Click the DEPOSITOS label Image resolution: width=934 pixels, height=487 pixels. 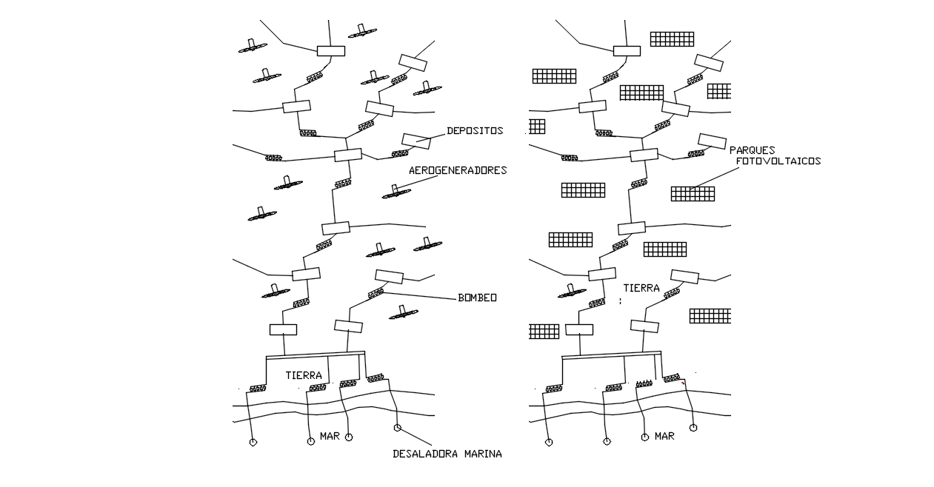475,131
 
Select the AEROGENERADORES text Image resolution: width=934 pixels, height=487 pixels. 458,170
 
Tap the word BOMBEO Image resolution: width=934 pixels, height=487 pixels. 477,298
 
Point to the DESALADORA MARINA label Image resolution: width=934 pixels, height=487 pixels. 447,454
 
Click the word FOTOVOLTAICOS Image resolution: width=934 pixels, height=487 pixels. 778,161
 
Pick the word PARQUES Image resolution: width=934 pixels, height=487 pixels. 752,150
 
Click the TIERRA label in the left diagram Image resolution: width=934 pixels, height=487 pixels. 304,376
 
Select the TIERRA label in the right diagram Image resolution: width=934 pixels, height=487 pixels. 641,288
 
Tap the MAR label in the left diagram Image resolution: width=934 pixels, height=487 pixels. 330,436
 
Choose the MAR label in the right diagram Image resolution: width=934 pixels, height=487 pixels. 664,436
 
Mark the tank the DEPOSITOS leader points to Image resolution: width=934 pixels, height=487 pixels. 416,140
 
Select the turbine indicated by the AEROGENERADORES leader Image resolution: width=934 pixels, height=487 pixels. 396,192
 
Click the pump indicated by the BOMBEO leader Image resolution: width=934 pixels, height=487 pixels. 376,293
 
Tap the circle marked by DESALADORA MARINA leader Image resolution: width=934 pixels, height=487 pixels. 398,428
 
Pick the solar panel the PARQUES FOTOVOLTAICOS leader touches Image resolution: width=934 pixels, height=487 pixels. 693,193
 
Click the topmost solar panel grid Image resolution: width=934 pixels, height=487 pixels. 672,38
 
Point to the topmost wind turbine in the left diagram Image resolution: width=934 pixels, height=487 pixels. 361,31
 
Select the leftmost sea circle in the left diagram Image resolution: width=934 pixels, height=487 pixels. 253,442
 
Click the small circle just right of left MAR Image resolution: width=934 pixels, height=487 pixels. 349,437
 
